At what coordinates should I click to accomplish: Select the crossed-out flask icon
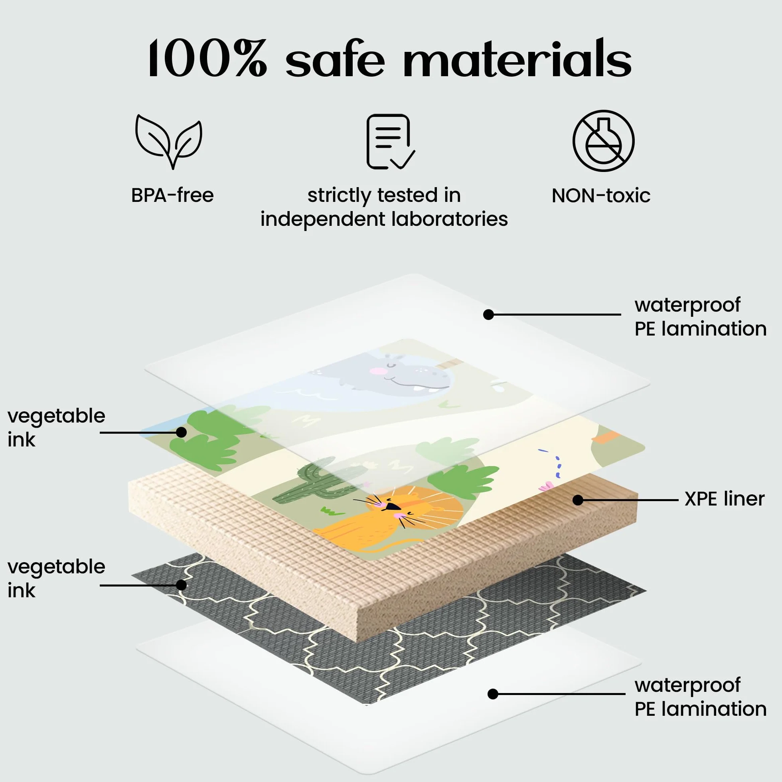pyautogui.click(x=603, y=140)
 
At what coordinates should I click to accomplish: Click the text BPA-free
pyautogui.click(x=172, y=195)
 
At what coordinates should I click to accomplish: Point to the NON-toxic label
pyautogui.click(x=601, y=195)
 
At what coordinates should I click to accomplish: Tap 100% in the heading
pyautogui.click(x=207, y=58)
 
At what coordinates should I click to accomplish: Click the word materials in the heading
pyautogui.click(x=517, y=58)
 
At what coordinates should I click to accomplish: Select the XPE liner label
pyautogui.click(x=725, y=499)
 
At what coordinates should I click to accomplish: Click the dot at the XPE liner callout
pyautogui.click(x=578, y=500)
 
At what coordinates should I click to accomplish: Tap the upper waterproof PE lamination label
pyautogui.click(x=700, y=317)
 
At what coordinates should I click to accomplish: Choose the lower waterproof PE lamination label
pyautogui.click(x=700, y=697)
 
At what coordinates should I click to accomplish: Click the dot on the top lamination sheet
pyautogui.click(x=488, y=314)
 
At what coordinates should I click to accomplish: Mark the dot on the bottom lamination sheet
pyautogui.click(x=493, y=694)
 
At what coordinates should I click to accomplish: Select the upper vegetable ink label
pyautogui.click(x=56, y=428)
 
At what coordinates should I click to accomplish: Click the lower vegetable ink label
pyautogui.click(x=56, y=579)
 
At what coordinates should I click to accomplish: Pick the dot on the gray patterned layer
pyautogui.click(x=181, y=585)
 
